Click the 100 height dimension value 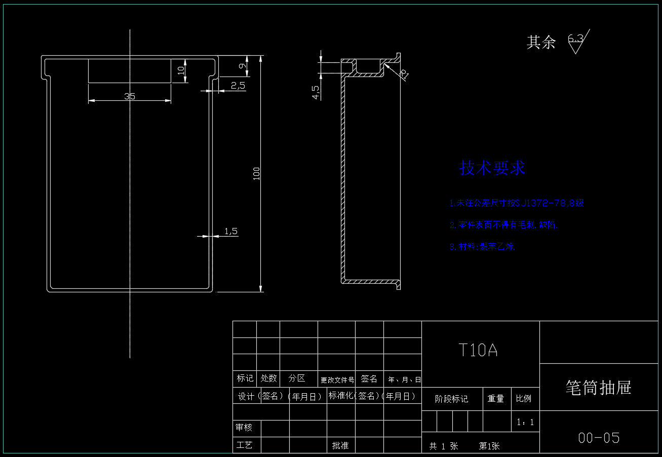pyautogui.click(x=257, y=173)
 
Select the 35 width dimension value pyautogui.click(x=130, y=96)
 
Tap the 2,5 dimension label pyautogui.click(x=238, y=85)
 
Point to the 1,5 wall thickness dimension pyautogui.click(x=231, y=232)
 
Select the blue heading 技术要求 pyautogui.click(x=492, y=168)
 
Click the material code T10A pyautogui.click(x=478, y=350)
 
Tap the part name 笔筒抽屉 pyautogui.click(x=599, y=388)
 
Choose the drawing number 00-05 pyautogui.click(x=599, y=438)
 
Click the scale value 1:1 pyautogui.click(x=525, y=422)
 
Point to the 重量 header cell pyautogui.click(x=496, y=399)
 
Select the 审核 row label pyautogui.click(x=244, y=428)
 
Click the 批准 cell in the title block pyautogui.click(x=340, y=446)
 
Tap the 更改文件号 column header pyautogui.click(x=337, y=379)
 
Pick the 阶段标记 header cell pyautogui.click(x=452, y=399)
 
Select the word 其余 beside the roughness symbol pyautogui.click(x=541, y=42)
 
